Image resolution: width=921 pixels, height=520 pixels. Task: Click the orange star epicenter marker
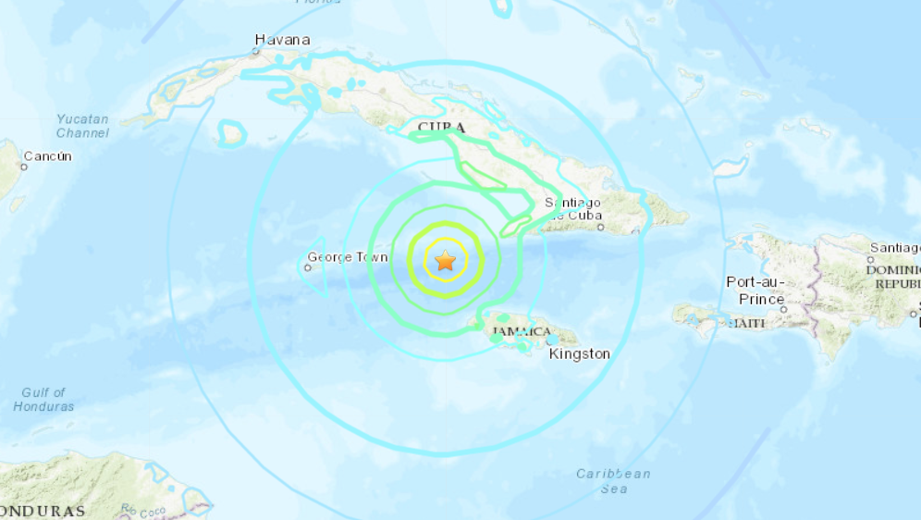coord(446,261)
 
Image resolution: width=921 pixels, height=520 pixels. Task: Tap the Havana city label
coord(282,40)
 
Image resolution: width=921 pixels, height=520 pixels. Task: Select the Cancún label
coord(47,156)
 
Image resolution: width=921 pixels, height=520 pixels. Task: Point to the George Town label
coord(348,257)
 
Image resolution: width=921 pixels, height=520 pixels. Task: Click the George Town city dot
coord(308,267)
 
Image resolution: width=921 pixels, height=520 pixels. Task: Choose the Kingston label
coord(580,353)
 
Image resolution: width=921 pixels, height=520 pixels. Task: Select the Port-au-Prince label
coord(755,291)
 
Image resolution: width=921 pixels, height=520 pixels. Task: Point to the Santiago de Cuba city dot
coord(600,227)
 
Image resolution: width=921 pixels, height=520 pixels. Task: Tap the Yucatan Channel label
coord(82,126)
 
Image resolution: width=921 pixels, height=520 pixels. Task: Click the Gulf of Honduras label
coord(43,400)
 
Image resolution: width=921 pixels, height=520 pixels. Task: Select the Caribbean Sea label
coord(613,480)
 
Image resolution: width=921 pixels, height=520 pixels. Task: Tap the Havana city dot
coord(257,50)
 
